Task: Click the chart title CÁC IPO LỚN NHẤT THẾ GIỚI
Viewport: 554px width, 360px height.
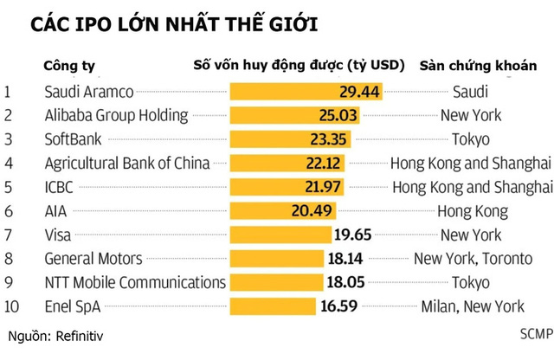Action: click(173, 23)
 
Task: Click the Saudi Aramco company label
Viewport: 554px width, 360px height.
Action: click(87, 90)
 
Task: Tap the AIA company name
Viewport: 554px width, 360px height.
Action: click(55, 210)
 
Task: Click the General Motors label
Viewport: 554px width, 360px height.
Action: click(93, 258)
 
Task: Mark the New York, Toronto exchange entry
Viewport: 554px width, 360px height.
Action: click(470, 258)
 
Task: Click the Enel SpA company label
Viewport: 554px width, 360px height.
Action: click(71, 305)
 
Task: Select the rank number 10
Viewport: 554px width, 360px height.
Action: click(12, 305)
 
